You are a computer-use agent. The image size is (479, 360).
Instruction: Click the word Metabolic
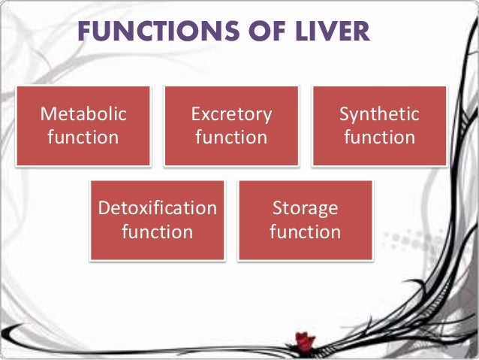(83, 114)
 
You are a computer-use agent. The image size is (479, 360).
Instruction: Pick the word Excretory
(231, 114)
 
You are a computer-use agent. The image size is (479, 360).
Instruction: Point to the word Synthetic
(379, 114)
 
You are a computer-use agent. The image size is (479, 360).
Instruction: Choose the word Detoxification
(158, 208)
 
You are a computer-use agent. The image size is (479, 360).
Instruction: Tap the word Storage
(305, 208)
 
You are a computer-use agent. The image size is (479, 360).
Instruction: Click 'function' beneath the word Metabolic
(83, 138)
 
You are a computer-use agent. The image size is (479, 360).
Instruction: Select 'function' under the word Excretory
(231, 138)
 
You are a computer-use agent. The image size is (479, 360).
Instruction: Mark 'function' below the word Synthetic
(379, 138)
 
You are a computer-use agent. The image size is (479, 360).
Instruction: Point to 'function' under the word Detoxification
(158, 231)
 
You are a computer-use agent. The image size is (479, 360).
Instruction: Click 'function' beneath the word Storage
(305, 231)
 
